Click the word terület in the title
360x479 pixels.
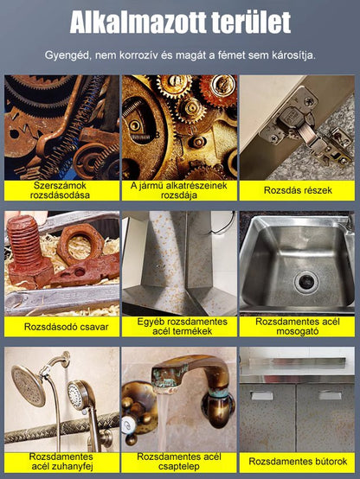coord(251,22)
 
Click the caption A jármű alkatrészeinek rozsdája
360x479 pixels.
coord(179,190)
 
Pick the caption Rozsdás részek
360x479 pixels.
coord(298,190)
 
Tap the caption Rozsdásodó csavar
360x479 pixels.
coord(67,327)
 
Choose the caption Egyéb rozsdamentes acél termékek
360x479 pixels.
coord(182,326)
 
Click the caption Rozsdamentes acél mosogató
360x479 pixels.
coord(298,326)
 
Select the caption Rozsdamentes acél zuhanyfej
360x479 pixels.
coord(61,462)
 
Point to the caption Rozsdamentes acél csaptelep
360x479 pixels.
coord(179,462)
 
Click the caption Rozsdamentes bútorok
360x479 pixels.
coord(298,462)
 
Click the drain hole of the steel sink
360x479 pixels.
coord(306,282)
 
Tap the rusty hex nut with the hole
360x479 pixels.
coord(80,244)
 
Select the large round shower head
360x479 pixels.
coord(29,386)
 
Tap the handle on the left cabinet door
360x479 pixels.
coord(261,396)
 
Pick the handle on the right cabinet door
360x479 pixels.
coord(330,395)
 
